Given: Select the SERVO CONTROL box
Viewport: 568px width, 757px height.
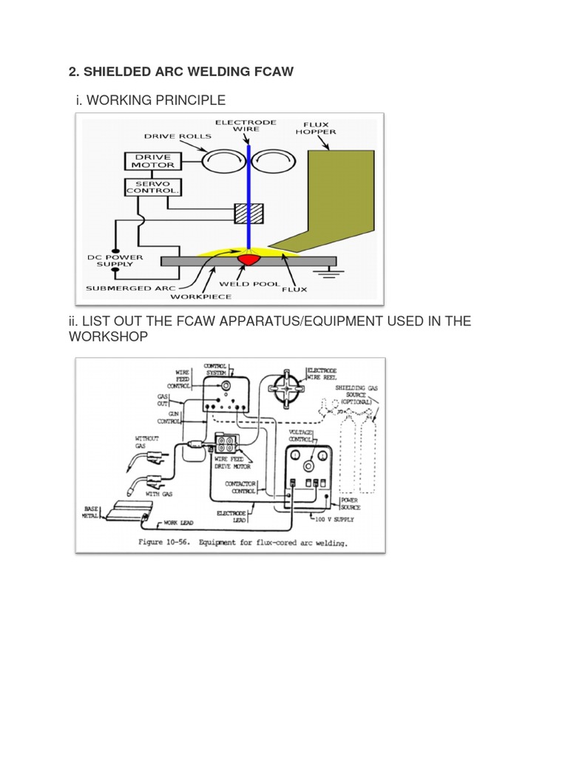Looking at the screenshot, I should pyautogui.click(x=152, y=186).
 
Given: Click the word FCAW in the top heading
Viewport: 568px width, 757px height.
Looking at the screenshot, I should pyautogui.click(x=272, y=72).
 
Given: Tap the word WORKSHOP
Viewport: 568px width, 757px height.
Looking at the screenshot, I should pyautogui.click(x=108, y=336).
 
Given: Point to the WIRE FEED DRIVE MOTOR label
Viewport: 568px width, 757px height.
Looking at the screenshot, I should pyautogui.click(x=234, y=464).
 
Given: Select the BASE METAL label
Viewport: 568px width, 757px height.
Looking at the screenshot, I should pyautogui.click(x=89, y=512).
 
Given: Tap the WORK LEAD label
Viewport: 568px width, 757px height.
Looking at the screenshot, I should pyautogui.click(x=179, y=522).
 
